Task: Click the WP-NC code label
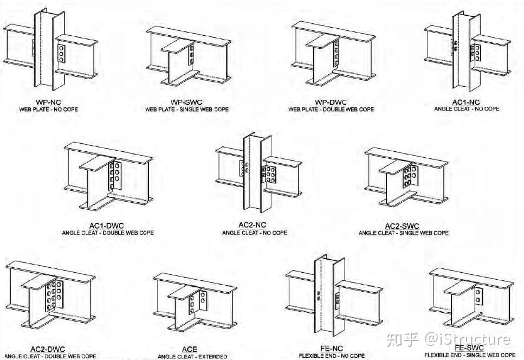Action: [47, 101]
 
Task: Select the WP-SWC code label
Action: [186, 102]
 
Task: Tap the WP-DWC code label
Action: [331, 102]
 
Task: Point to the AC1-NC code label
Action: [467, 101]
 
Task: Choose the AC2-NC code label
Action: [254, 225]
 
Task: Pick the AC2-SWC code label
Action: [403, 226]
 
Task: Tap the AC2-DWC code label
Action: [48, 350]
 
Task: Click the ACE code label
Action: [190, 350]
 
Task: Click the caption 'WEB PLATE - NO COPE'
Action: [47, 109]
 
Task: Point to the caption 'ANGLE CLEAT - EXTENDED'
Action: [192, 357]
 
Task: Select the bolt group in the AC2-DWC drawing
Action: [54, 295]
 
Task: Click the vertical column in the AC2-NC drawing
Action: [254, 173]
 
